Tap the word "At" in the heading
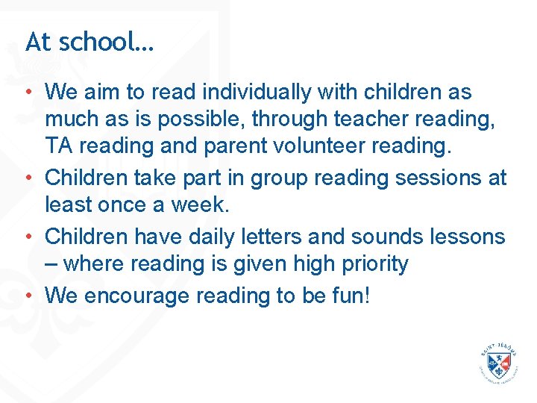point(38,42)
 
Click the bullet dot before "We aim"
point(28,93)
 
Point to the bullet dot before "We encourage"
point(28,296)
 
